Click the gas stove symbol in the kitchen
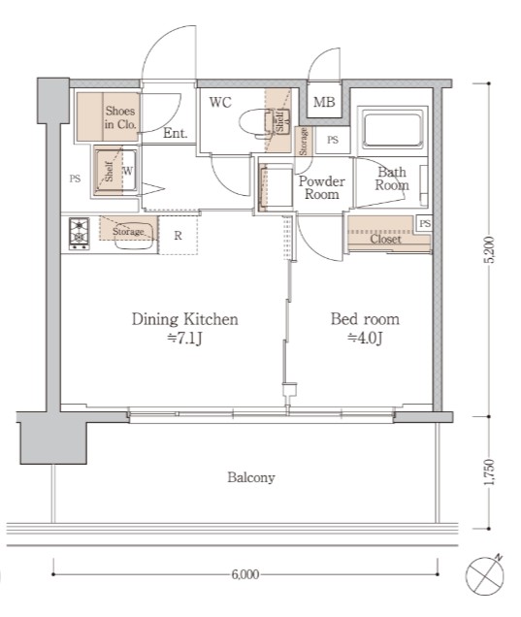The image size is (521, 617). [x=80, y=234]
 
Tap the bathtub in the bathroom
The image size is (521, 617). [x=392, y=131]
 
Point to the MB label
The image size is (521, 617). [x=324, y=102]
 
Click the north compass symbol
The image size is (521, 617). [x=484, y=575]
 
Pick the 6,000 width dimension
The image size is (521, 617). [x=244, y=574]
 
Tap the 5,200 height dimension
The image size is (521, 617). [x=490, y=249]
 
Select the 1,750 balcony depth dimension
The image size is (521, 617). [x=490, y=472]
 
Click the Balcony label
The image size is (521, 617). [x=251, y=477]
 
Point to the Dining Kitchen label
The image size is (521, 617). [x=185, y=319]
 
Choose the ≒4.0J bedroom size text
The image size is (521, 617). [x=365, y=338]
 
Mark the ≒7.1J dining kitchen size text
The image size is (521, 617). [x=185, y=338]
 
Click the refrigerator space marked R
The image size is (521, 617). [x=178, y=236]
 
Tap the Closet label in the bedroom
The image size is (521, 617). [x=385, y=239]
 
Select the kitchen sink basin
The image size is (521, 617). [x=134, y=242]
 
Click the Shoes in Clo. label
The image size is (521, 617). [x=120, y=117]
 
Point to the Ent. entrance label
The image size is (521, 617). [x=175, y=134]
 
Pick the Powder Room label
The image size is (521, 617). [x=321, y=187]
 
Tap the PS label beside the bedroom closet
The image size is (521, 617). [x=425, y=223]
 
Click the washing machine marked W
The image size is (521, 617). [x=115, y=171]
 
